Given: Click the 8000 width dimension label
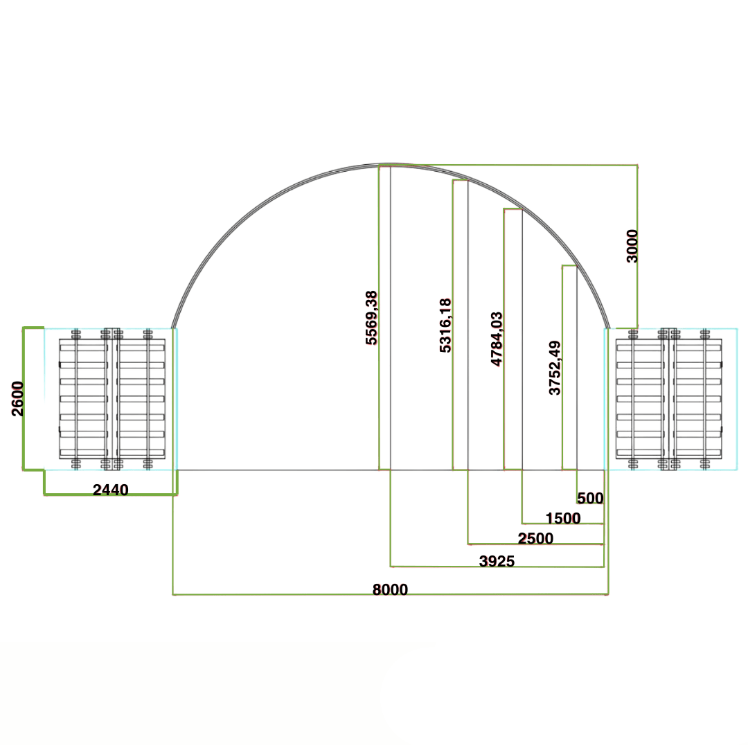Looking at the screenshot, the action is tap(390, 589).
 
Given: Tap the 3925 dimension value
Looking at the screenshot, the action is tap(497, 562).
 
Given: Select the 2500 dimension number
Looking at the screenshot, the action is tap(535, 539).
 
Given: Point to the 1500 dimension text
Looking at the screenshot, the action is tap(563, 518).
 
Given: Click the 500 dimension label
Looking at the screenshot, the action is tap(590, 498).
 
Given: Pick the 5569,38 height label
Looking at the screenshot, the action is tap(371, 318).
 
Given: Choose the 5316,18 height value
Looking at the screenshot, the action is tap(445, 326).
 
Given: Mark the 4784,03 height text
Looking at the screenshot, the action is tap(497, 339).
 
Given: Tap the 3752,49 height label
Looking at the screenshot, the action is tap(555, 368).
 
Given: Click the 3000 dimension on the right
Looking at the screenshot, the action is tap(632, 246).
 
